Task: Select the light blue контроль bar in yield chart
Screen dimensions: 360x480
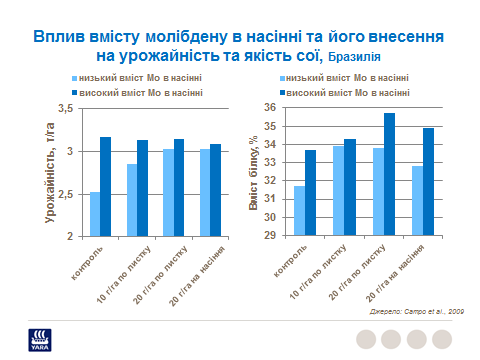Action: (x=94, y=214)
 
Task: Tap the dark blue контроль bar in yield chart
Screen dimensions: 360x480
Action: (x=105, y=186)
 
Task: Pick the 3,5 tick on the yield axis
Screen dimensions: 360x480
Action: (x=67, y=108)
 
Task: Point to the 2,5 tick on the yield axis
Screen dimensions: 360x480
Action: (x=67, y=193)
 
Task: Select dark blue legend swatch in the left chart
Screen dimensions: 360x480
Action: (x=76, y=92)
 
